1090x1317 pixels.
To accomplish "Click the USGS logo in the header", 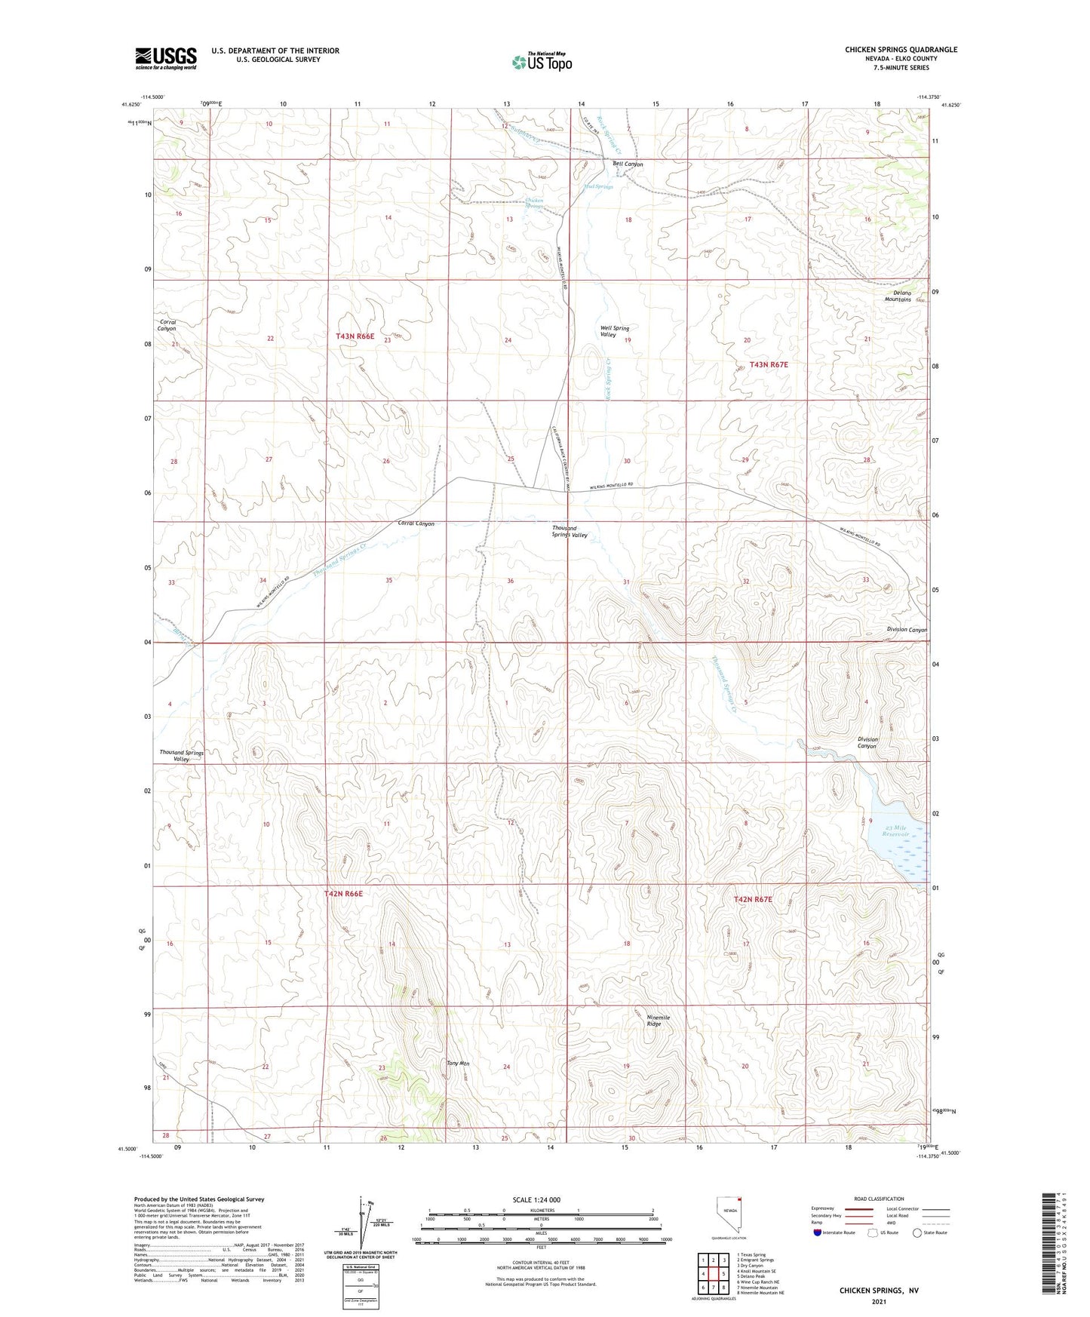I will click(166, 58).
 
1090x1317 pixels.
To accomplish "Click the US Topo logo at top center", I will click(542, 62).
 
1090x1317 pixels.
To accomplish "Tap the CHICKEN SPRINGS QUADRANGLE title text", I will click(901, 50).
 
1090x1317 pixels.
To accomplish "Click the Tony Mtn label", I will click(458, 1064).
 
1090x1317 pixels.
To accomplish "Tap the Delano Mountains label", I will click(898, 296).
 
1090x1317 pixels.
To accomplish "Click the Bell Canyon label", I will click(628, 164).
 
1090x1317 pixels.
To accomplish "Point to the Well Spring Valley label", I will click(614, 331).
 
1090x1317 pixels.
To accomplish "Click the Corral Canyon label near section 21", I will click(167, 325).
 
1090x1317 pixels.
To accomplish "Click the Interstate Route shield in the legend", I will click(818, 1233).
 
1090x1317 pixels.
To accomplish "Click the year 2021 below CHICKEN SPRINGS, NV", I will click(879, 1301).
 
